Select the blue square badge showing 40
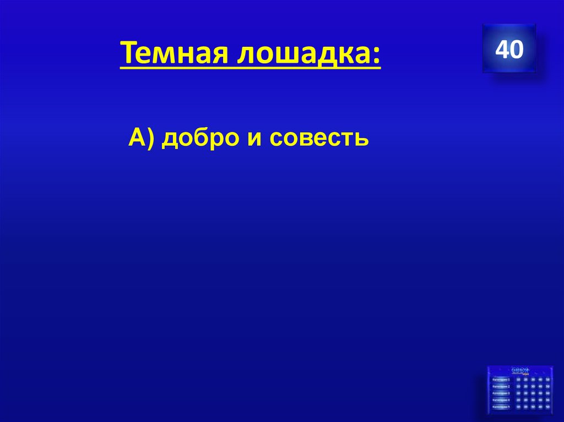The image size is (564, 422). pyautogui.click(x=509, y=49)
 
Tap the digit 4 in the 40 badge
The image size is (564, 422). pyautogui.click(x=502, y=50)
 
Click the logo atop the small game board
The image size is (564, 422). pyautogui.click(x=520, y=370)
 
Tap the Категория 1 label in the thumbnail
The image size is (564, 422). pyautogui.click(x=501, y=380)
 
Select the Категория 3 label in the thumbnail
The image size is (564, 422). pyautogui.click(x=501, y=393)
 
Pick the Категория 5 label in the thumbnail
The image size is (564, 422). pyautogui.click(x=501, y=407)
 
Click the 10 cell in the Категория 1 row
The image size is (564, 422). pyautogui.click(x=518, y=380)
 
